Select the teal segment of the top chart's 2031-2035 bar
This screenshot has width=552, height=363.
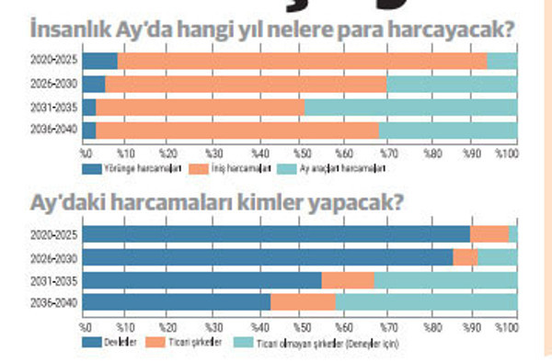coord(410,108)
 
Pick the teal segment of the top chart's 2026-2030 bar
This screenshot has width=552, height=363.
coord(451,85)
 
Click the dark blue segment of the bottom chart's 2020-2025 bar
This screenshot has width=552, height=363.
coord(276,234)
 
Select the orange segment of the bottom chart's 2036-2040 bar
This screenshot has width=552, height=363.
coord(303,302)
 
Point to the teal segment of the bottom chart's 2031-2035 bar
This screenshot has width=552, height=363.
coord(445,279)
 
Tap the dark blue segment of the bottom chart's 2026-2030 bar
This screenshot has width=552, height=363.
coord(268,257)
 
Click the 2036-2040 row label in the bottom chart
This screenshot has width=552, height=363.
coord(54,302)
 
